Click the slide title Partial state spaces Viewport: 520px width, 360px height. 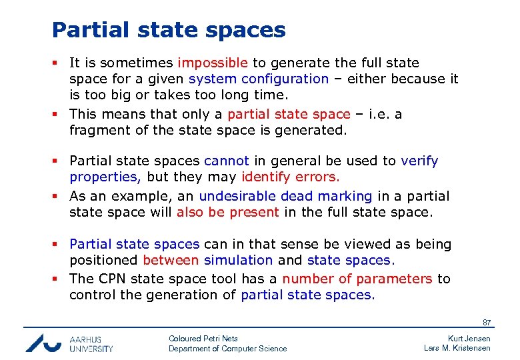pos(169,30)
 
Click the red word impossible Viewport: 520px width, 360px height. pos(213,63)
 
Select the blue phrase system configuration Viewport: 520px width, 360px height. pos(259,79)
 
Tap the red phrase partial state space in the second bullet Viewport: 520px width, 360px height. pos(289,114)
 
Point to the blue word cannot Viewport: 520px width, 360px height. pos(227,161)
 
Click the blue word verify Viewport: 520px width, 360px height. pos(419,161)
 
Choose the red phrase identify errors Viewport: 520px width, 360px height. pos(291,177)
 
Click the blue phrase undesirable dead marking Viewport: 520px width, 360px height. pos(285,196)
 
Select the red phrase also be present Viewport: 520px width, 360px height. pos(228,213)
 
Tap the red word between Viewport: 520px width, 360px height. pos(171,261)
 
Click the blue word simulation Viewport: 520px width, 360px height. pos(239,261)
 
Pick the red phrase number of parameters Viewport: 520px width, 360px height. pos(357,279)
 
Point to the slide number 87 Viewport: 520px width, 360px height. pos(487,323)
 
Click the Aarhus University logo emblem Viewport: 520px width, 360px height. pos(44,342)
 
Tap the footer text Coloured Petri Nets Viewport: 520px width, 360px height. pos(203,339)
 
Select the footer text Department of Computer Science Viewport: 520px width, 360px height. pos(227,349)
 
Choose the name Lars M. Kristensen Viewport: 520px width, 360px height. pos(457,348)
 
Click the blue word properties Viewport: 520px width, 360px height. pos(104,177)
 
